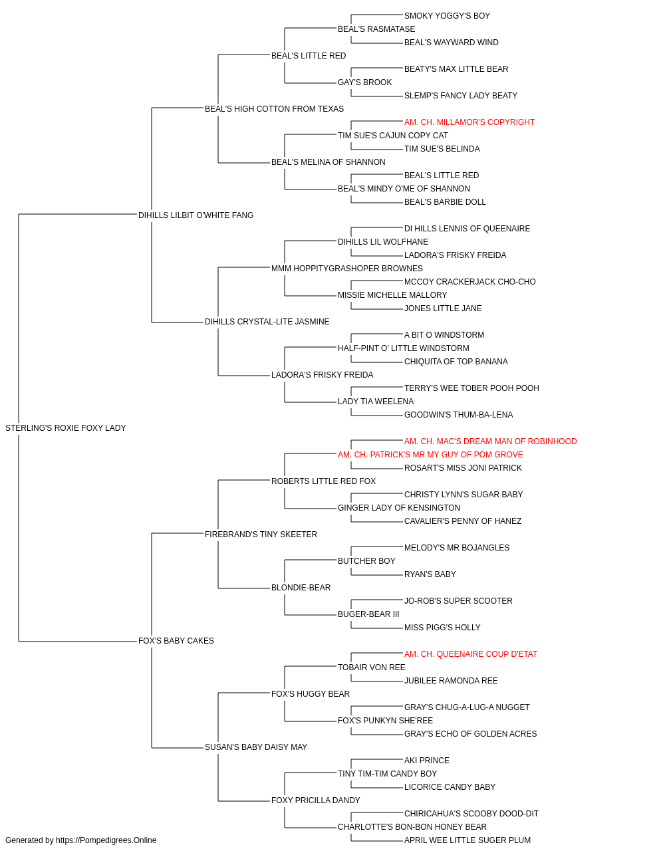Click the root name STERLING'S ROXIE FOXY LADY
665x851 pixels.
(65, 428)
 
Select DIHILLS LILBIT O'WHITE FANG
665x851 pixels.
(196, 215)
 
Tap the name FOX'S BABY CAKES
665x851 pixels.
(176, 641)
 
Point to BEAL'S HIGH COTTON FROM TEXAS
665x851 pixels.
(274, 109)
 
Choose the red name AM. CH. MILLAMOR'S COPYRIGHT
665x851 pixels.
(469, 122)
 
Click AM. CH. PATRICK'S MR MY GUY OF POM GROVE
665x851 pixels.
(430, 455)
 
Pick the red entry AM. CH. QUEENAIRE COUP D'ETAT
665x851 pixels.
(471, 654)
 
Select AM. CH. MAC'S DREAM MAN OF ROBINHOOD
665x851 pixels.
(490, 441)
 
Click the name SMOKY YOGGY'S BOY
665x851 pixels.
(448, 16)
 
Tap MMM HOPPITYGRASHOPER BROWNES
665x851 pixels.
(347, 268)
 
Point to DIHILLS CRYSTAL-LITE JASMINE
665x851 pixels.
(267, 322)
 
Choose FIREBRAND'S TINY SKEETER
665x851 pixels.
(261, 534)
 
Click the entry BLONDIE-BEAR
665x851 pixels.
(301, 588)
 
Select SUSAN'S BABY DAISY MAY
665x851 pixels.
(256, 747)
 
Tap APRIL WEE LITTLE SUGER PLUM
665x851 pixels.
(467, 840)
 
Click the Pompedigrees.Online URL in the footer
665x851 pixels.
(106, 840)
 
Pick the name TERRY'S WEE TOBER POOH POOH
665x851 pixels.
(471, 388)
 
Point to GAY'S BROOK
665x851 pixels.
(365, 82)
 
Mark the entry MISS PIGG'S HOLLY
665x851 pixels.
(442, 628)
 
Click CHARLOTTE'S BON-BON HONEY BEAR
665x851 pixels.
(412, 826)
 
